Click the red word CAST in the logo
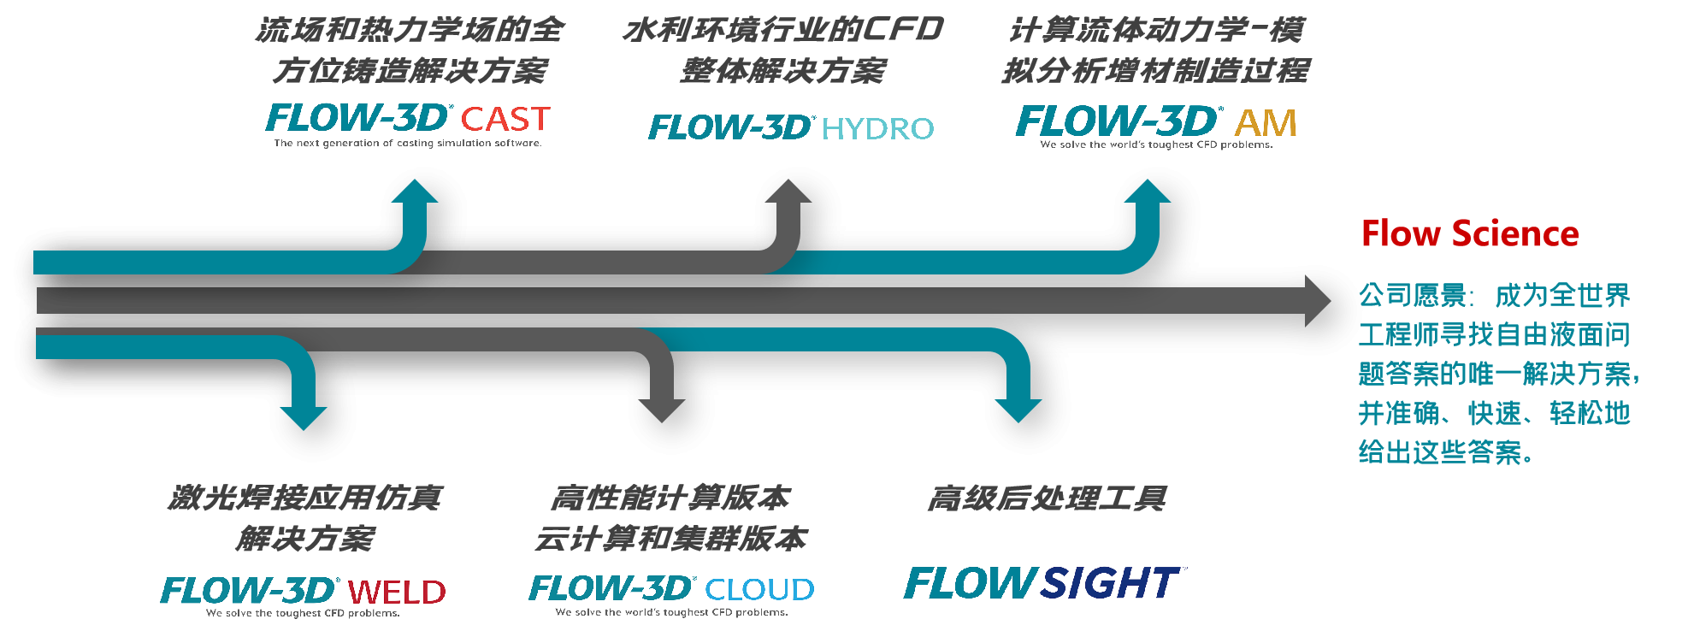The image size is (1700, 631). (x=505, y=120)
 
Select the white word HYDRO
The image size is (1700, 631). (x=877, y=129)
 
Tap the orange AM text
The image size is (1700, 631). (x=1266, y=124)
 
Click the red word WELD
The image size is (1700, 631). (x=397, y=592)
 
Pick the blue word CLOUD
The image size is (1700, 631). (x=759, y=589)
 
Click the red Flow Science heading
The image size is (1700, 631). (x=1469, y=233)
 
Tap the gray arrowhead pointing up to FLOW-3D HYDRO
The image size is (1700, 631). (x=788, y=192)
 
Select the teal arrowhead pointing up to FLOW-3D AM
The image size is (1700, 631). (x=1147, y=192)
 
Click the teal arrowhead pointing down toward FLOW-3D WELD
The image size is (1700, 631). (x=304, y=417)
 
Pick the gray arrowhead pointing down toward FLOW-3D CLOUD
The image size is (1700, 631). (x=661, y=410)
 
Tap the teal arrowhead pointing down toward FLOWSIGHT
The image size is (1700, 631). (x=1018, y=410)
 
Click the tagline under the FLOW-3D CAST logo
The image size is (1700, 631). (x=407, y=144)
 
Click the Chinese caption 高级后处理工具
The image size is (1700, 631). (x=1047, y=498)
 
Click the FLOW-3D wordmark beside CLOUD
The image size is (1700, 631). (x=611, y=588)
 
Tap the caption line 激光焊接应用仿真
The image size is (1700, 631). (x=305, y=498)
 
